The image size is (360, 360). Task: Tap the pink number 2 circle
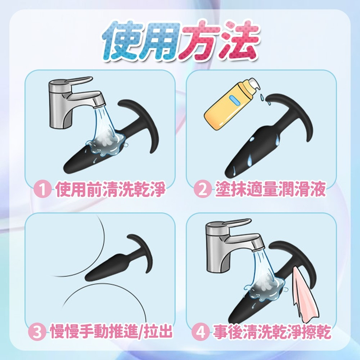(x=202, y=190)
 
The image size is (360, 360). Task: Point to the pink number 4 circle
(x=200, y=332)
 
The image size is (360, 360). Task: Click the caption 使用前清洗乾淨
(x=110, y=190)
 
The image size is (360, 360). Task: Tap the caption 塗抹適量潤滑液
(x=270, y=190)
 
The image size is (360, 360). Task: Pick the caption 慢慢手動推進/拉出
(x=111, y=332)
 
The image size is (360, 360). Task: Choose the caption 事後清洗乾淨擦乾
(x=272, y=332)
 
